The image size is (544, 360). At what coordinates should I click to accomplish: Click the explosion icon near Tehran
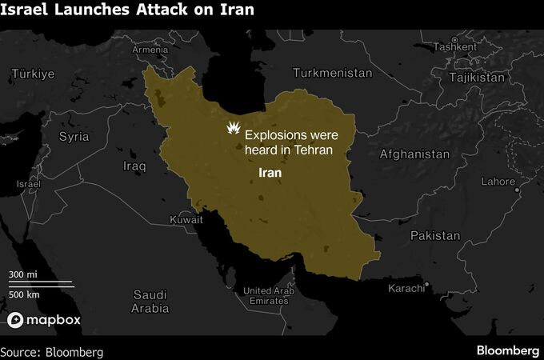233,129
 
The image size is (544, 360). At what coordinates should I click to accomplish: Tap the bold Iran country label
271,172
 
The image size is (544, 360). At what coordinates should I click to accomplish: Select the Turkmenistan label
333,73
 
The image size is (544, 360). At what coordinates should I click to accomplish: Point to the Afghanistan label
414,154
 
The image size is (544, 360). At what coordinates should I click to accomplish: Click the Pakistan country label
435,236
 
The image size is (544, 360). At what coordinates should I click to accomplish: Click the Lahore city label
498,182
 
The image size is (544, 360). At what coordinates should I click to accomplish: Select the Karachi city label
408,288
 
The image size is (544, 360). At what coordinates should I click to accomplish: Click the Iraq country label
134,166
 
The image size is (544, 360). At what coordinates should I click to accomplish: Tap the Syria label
74,137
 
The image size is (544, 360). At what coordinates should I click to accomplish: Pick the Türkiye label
32,74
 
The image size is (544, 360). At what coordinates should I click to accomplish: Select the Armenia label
150,50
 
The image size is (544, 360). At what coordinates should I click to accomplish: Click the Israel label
28,184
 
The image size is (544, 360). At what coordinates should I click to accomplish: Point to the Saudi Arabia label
150,301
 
